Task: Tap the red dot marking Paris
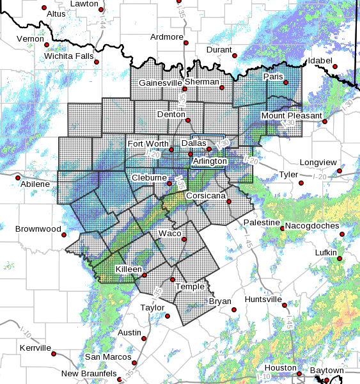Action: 286,83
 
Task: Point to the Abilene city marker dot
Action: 18,177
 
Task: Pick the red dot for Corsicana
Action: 228,202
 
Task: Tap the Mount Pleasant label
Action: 290,116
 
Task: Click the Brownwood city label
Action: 38,229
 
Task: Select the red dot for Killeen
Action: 145,275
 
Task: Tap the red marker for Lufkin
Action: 340,260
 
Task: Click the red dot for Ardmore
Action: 185,44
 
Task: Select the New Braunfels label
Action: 90,373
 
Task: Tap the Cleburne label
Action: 149,177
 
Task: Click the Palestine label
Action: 262,222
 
